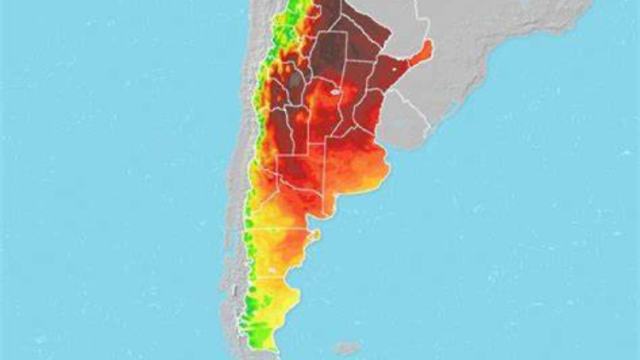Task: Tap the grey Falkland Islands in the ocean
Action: click(x=346, y=348)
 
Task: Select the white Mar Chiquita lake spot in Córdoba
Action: click(x=335, y=90)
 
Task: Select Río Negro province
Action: click(x=282, y=209)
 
